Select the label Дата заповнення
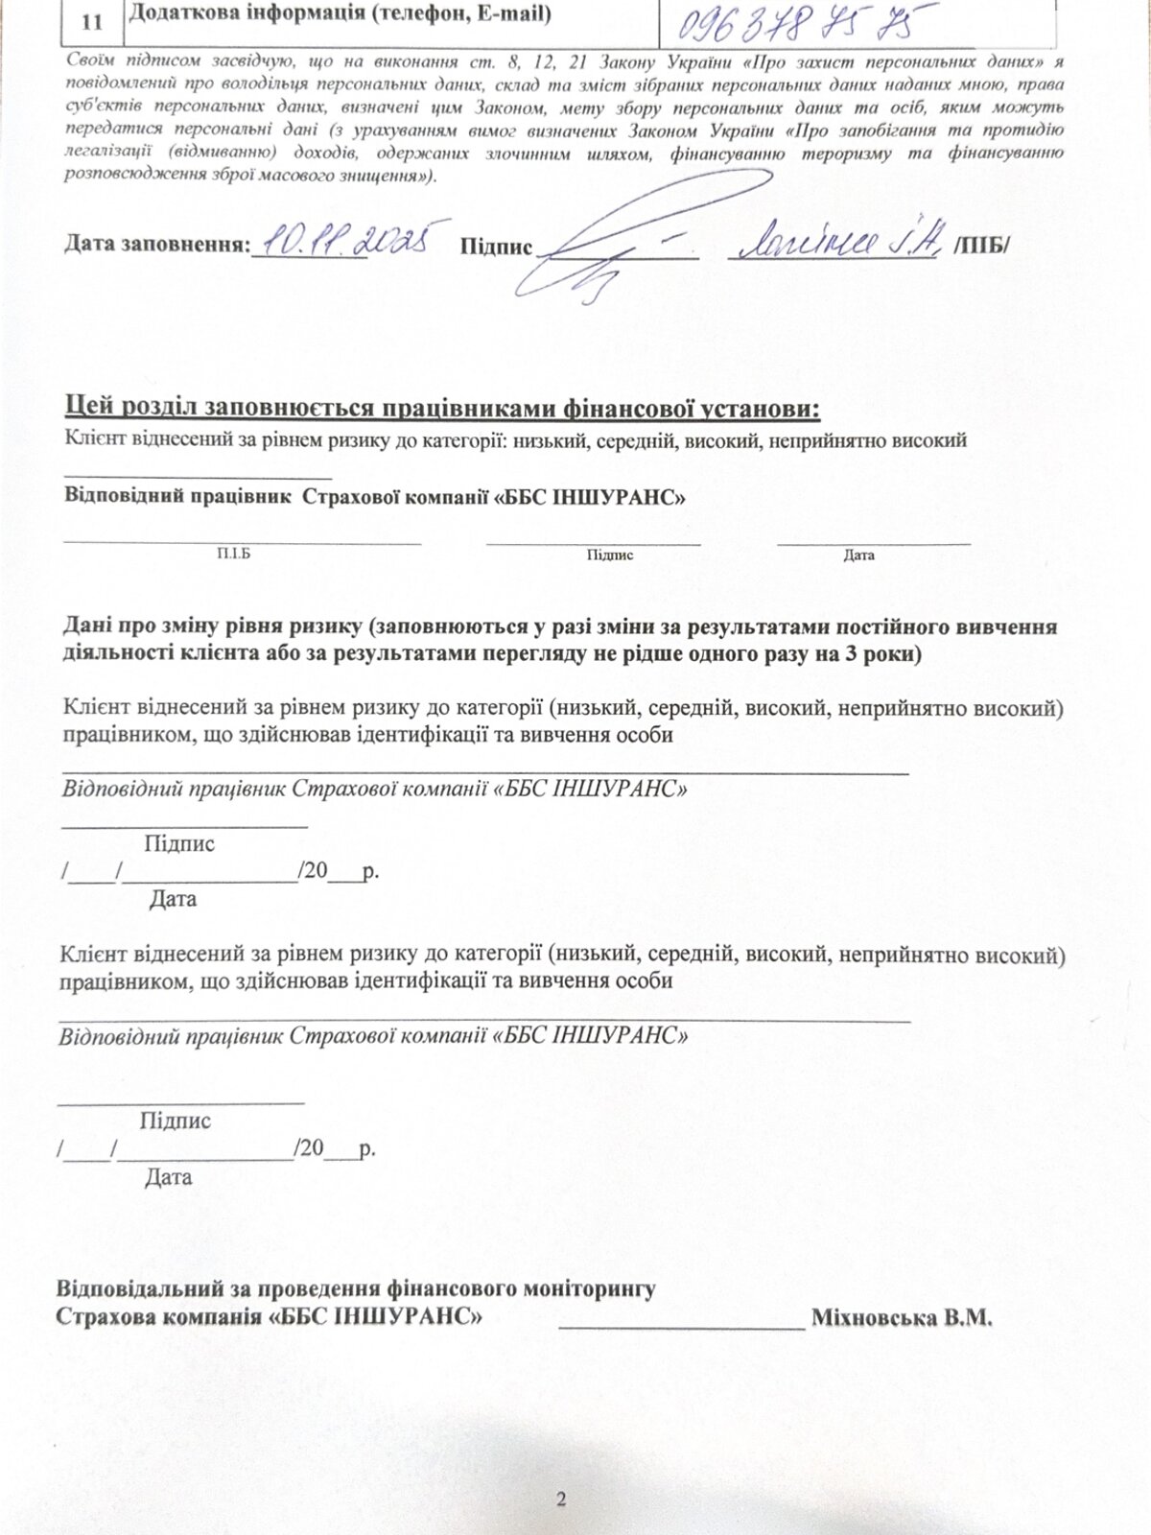tap(156, 245)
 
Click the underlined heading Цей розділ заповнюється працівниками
tap(442, 409)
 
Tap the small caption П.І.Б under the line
tap(234, 555)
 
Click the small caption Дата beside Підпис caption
tap(858, 555)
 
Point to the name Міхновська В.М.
tap(902, 1316)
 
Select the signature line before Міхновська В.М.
tap(682, 1327)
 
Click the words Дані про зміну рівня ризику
tap(215, 627)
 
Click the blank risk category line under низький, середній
tap(198, 476)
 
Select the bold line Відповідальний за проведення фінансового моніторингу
tap(356, 1287)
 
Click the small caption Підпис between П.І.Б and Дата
tap(609, 555)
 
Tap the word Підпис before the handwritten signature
tap(496, 247)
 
